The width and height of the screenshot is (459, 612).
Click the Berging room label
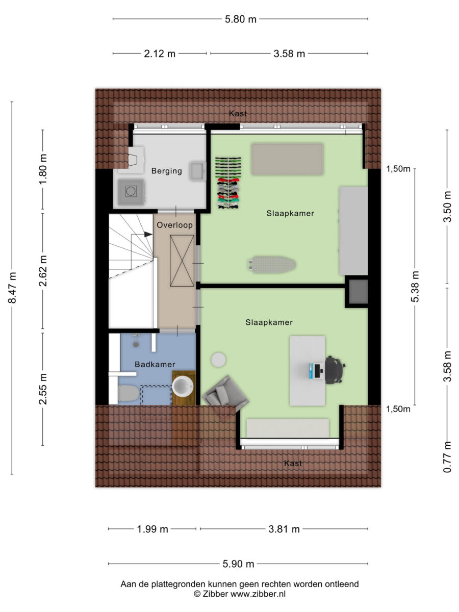click(167, 171)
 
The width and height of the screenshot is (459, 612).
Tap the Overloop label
click(175, 225)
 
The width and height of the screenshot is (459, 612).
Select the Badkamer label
click(155, 364)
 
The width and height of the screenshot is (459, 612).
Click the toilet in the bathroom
click(129, 393)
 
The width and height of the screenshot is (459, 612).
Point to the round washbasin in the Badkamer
click(183, 386)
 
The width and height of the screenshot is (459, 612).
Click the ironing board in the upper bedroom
click(272, 264)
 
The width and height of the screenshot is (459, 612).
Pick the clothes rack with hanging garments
click(228, 183)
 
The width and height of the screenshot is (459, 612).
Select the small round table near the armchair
click(218, 360)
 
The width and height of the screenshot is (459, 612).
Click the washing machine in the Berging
click(131, 192)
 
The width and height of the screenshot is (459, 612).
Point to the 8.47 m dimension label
click(13, 288)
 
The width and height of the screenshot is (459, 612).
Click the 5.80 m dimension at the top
click(241, 19)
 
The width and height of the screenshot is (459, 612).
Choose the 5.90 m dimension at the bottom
click(238, 564)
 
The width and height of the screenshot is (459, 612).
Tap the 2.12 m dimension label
click(160, 54)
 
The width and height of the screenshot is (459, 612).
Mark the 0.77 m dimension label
click(447, 457)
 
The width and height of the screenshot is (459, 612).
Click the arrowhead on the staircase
click(148, 235)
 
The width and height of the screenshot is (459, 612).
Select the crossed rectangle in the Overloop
click(182, 261)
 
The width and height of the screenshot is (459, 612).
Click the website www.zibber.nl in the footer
click(258, 594)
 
